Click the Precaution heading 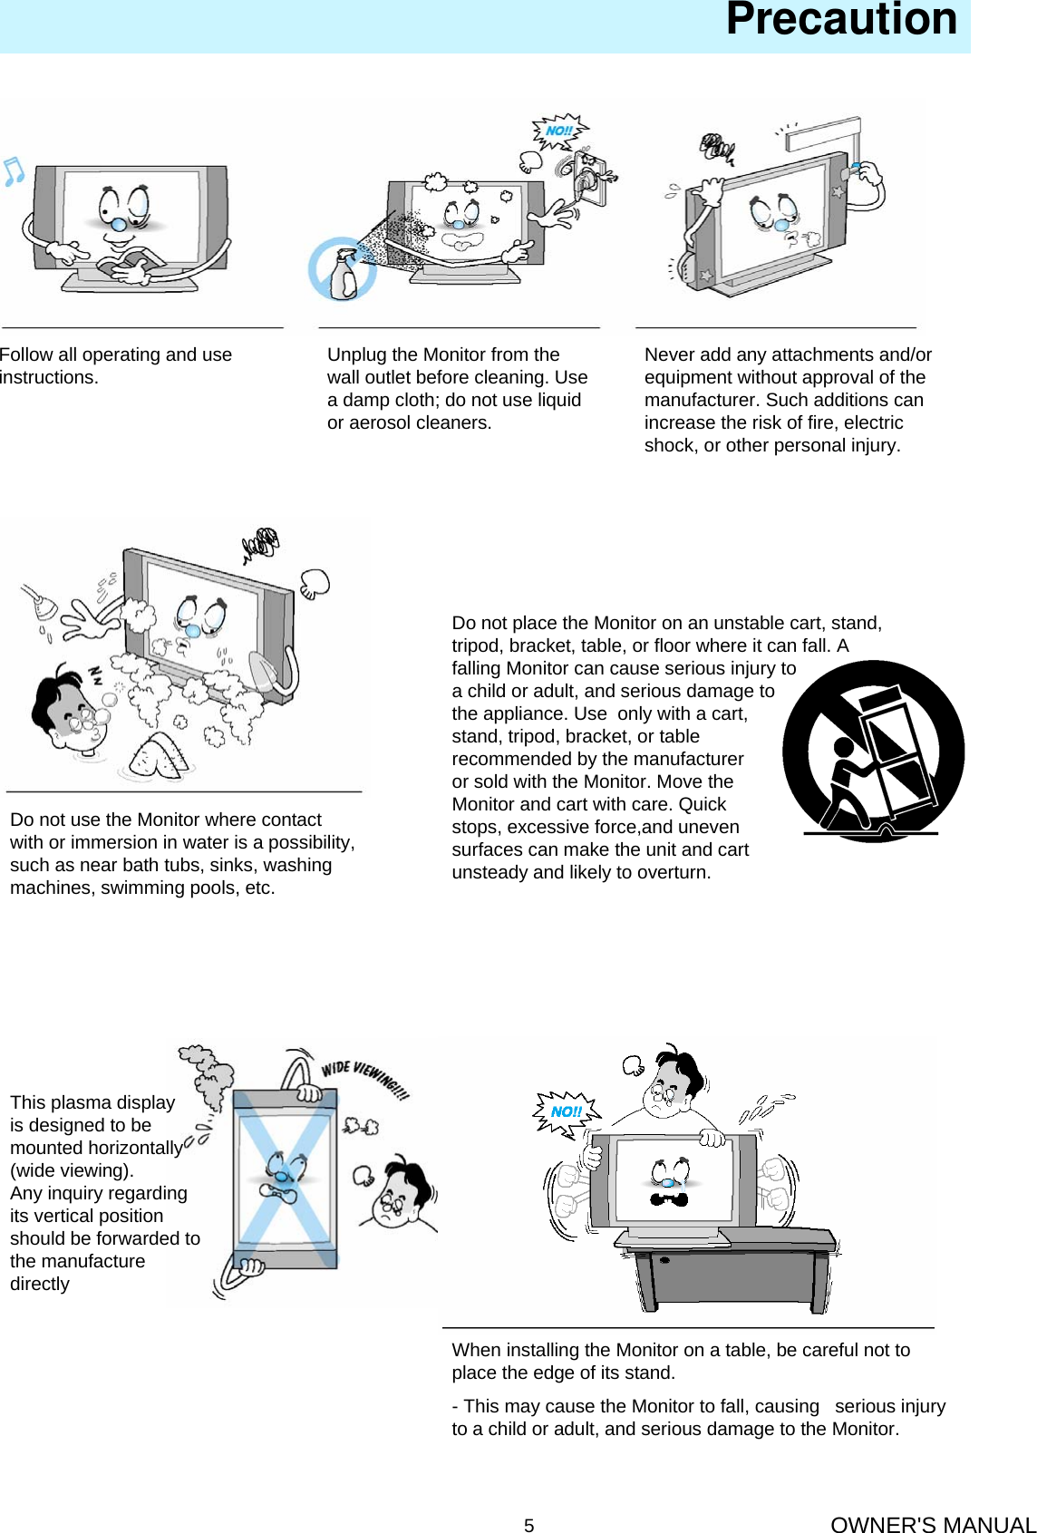pyautogui.click(x=840, y=20)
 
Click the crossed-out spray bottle pyautogui.click(x=342, y=270)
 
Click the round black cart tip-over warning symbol pyautogui.click(x=873, y=752)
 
